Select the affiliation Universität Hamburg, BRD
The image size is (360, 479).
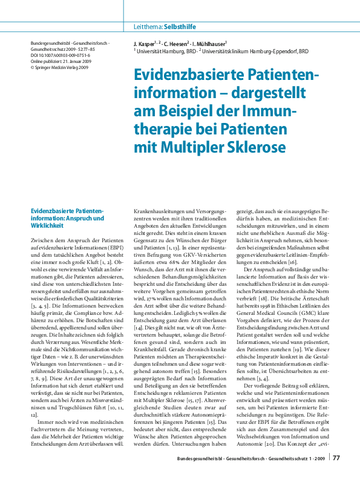[163, 51]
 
